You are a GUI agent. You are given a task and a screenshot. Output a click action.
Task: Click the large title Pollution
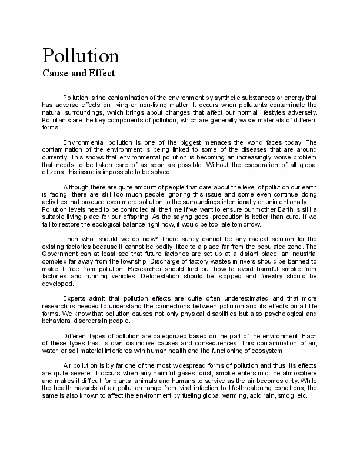click(x=81, y=55)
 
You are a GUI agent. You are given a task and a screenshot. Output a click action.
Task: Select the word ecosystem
click(x=265, y=351)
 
